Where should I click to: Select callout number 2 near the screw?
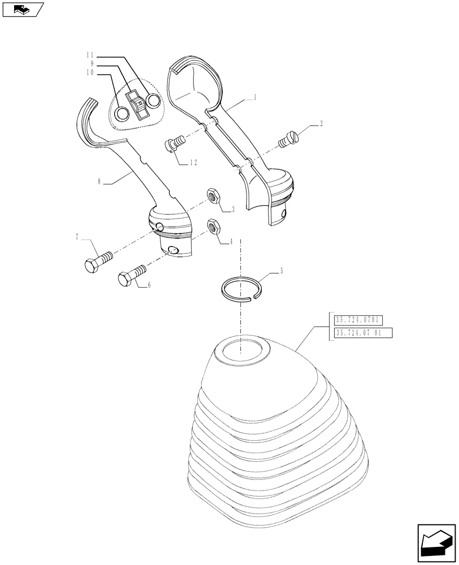click(x=321, y=122)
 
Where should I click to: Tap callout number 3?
click(x=232, y=210)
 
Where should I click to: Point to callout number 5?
click(x=282, y=272)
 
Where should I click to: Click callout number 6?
click(x=149, y=286)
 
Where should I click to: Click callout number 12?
click(x=193, y=163)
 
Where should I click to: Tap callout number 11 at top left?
click(x=90, y=55)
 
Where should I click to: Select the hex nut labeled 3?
click(x=214, y=196)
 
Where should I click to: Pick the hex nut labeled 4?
click(x=214, y=227)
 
